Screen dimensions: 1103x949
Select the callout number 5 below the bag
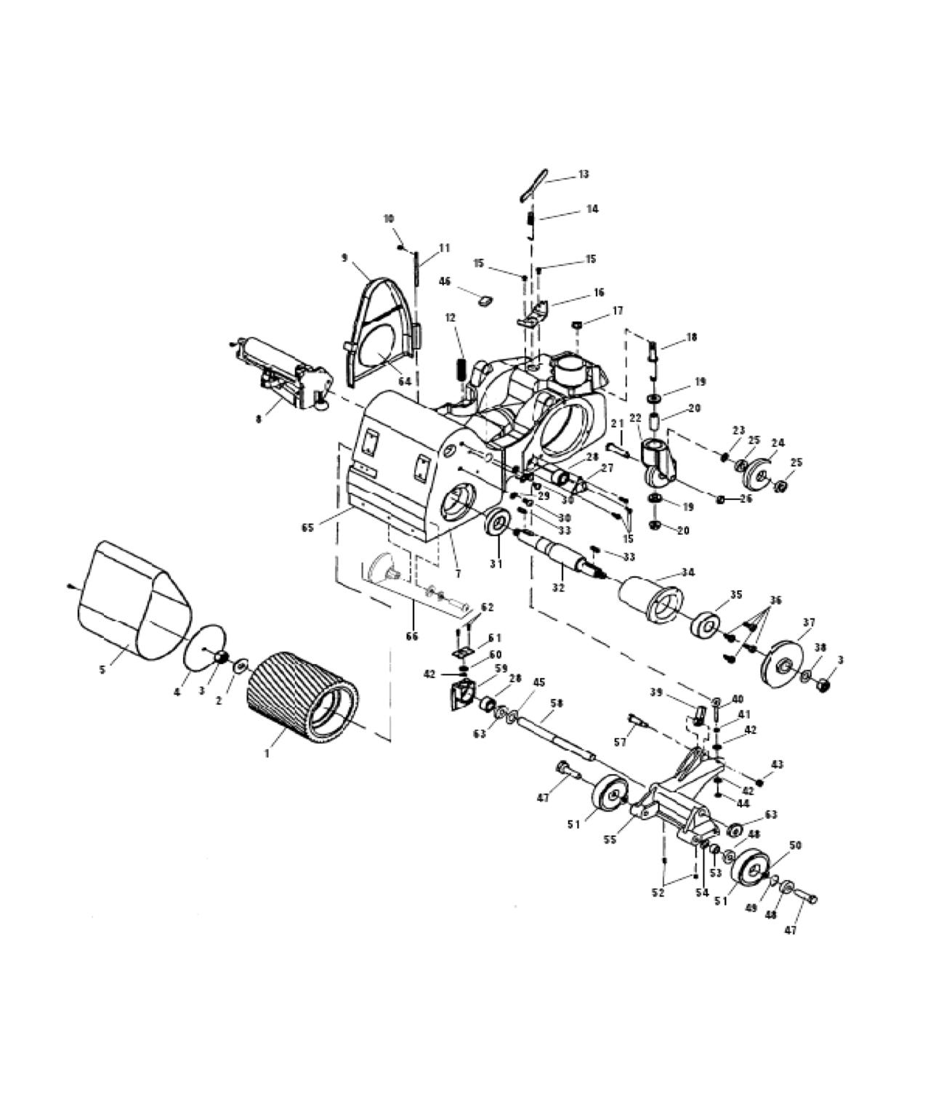coord(102,669)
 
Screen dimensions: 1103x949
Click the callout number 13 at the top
coord(583,174)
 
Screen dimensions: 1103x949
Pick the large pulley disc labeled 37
coord(782,661)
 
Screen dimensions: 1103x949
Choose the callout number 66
coord(412,637)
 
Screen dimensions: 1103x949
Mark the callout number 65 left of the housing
coord(307,528)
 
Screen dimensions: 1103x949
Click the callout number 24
coord(778,443)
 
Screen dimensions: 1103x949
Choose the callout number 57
coord(620,742)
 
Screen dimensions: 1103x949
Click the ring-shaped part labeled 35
coord(706,626)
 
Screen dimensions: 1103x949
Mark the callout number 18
coord(691,337)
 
